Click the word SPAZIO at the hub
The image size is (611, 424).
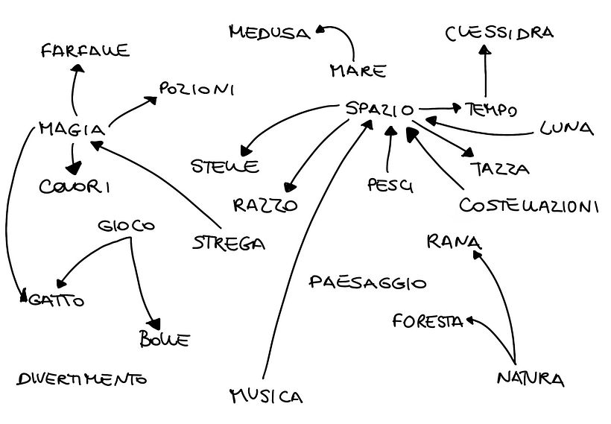[380, 110]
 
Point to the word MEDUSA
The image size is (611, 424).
[269, 32]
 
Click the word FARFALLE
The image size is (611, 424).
[85, 51]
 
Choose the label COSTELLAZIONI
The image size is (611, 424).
[529, 205]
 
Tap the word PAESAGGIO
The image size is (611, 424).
[367, 282]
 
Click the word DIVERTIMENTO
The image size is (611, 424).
[81, 379]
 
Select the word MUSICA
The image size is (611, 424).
[266, 395]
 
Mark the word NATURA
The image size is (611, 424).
[530, 379]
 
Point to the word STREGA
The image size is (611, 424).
[228, 242]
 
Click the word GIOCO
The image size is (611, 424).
[127, 226]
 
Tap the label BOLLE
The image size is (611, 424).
[164, 341]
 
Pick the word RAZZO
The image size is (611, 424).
[265, 205]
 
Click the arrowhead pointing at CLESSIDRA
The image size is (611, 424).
[485, 50]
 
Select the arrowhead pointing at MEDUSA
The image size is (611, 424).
[320, 31]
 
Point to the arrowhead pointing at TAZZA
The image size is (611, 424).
[467, 153]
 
